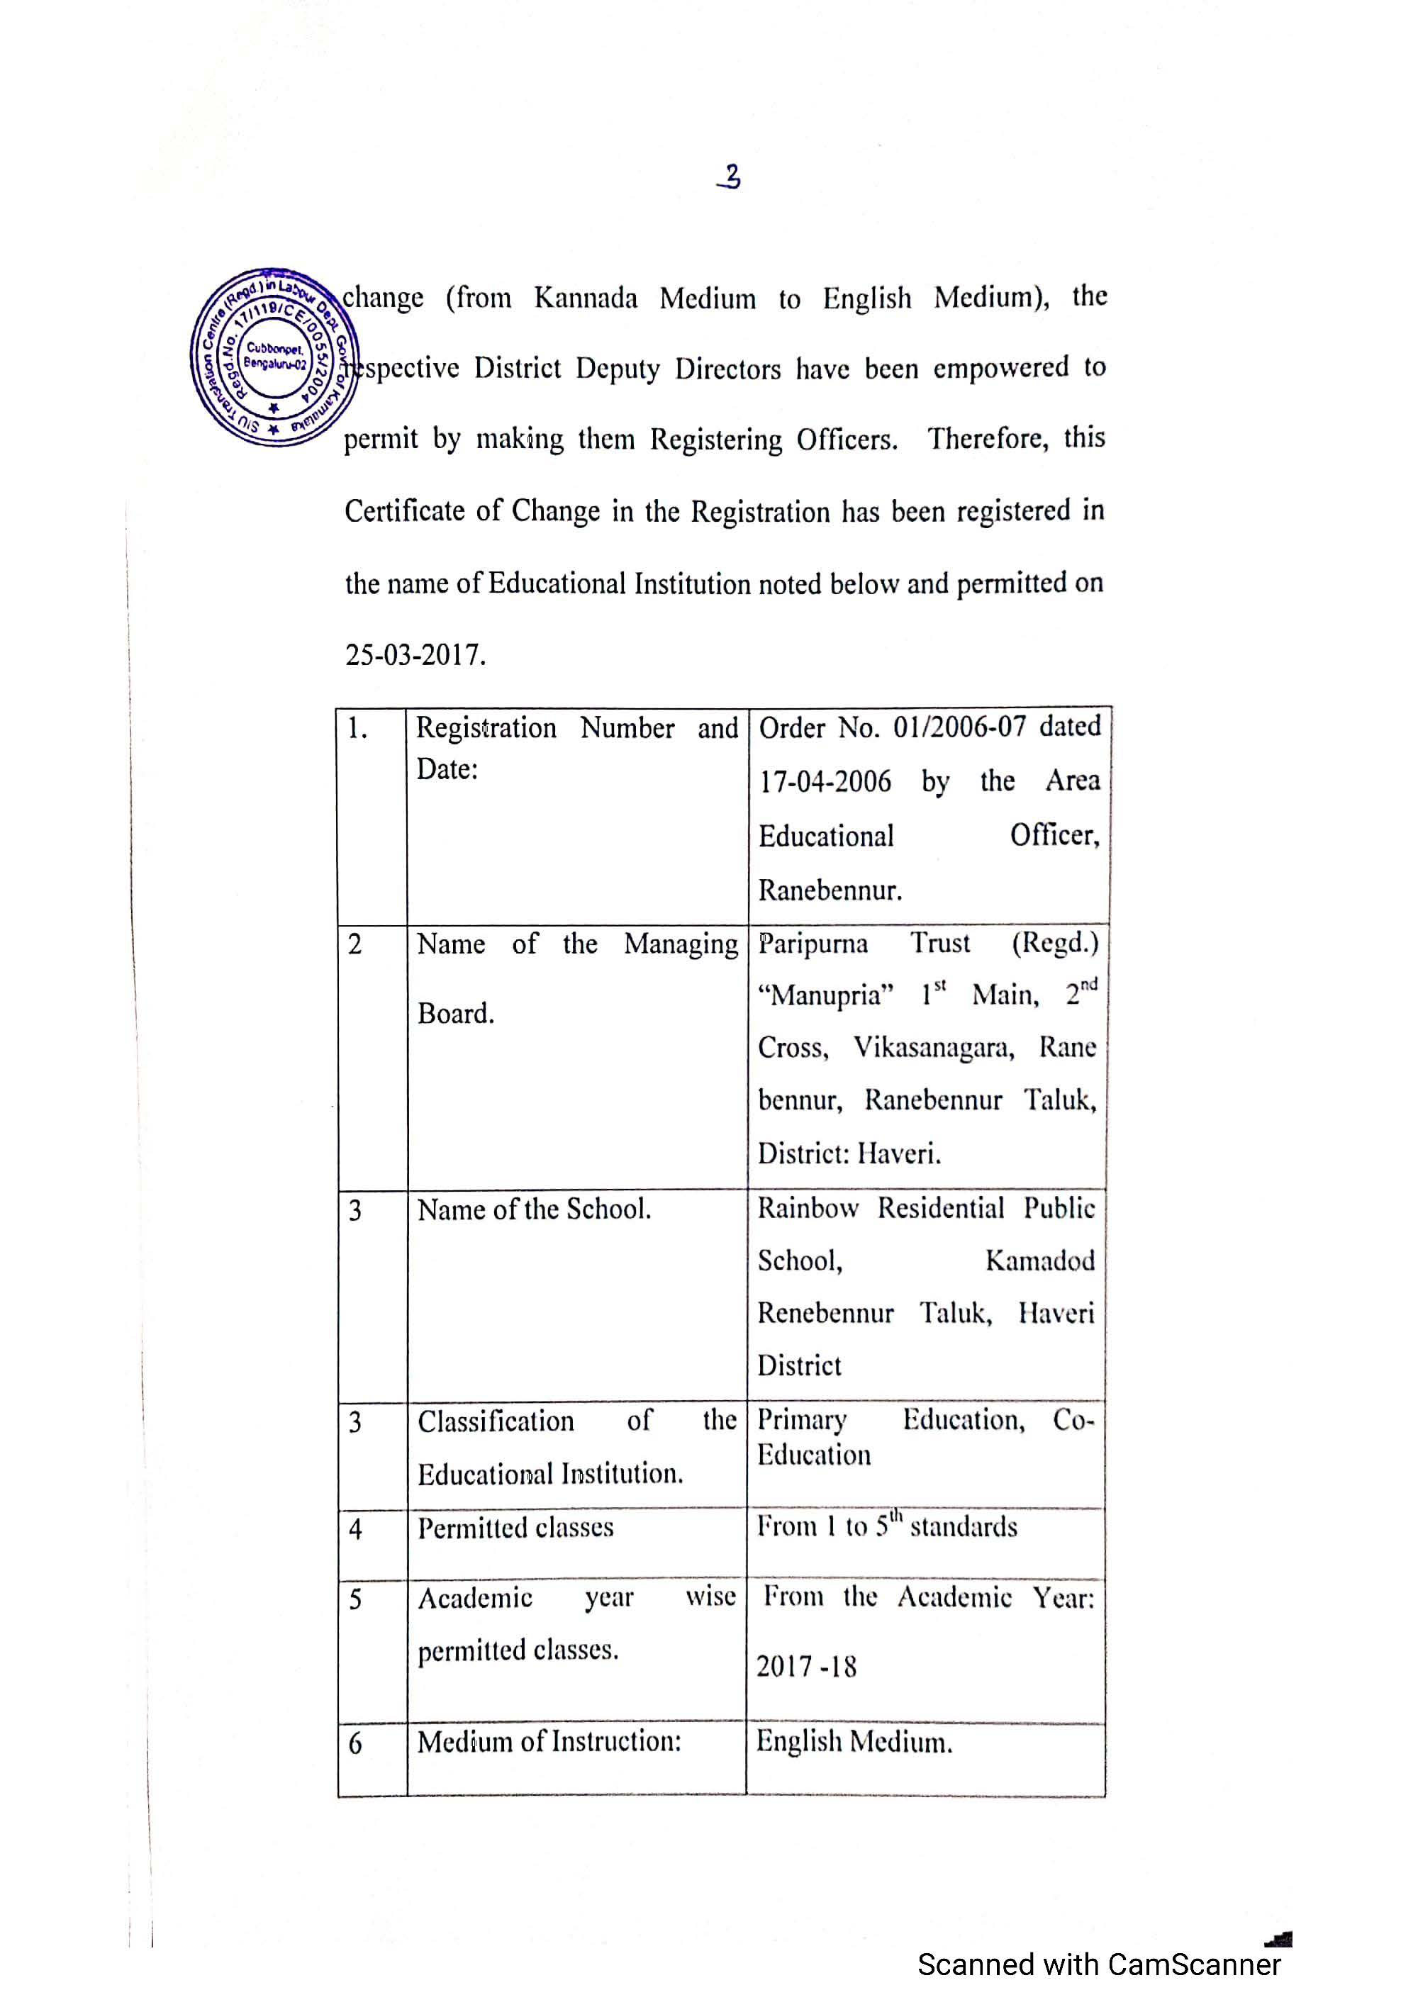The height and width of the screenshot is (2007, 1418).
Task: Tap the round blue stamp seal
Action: point(274,357)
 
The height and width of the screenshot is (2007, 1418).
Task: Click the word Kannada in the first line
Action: point(585,298)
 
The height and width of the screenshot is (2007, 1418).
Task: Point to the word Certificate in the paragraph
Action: point(404,510)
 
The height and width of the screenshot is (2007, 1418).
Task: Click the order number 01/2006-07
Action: point(959,727)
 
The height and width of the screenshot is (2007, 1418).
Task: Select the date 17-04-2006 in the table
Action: point(825,781)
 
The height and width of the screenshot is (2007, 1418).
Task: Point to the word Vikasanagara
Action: point(933,1048)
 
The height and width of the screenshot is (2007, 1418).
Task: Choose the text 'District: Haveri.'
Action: point(849,1154)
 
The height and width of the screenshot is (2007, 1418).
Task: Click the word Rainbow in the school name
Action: point(807,1209)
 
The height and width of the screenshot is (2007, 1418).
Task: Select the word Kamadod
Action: point(1039,1260)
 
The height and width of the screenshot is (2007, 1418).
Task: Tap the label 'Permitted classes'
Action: point(515,1528)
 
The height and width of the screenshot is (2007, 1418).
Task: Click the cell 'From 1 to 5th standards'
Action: point(886,1526)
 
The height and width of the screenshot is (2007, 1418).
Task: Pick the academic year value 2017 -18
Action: point(806,1666)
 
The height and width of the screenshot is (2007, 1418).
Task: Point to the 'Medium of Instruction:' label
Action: point(549,1741)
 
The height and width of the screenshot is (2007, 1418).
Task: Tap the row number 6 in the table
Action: point(355,1744)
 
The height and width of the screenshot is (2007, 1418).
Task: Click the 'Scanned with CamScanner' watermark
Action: point(1098,1964)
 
